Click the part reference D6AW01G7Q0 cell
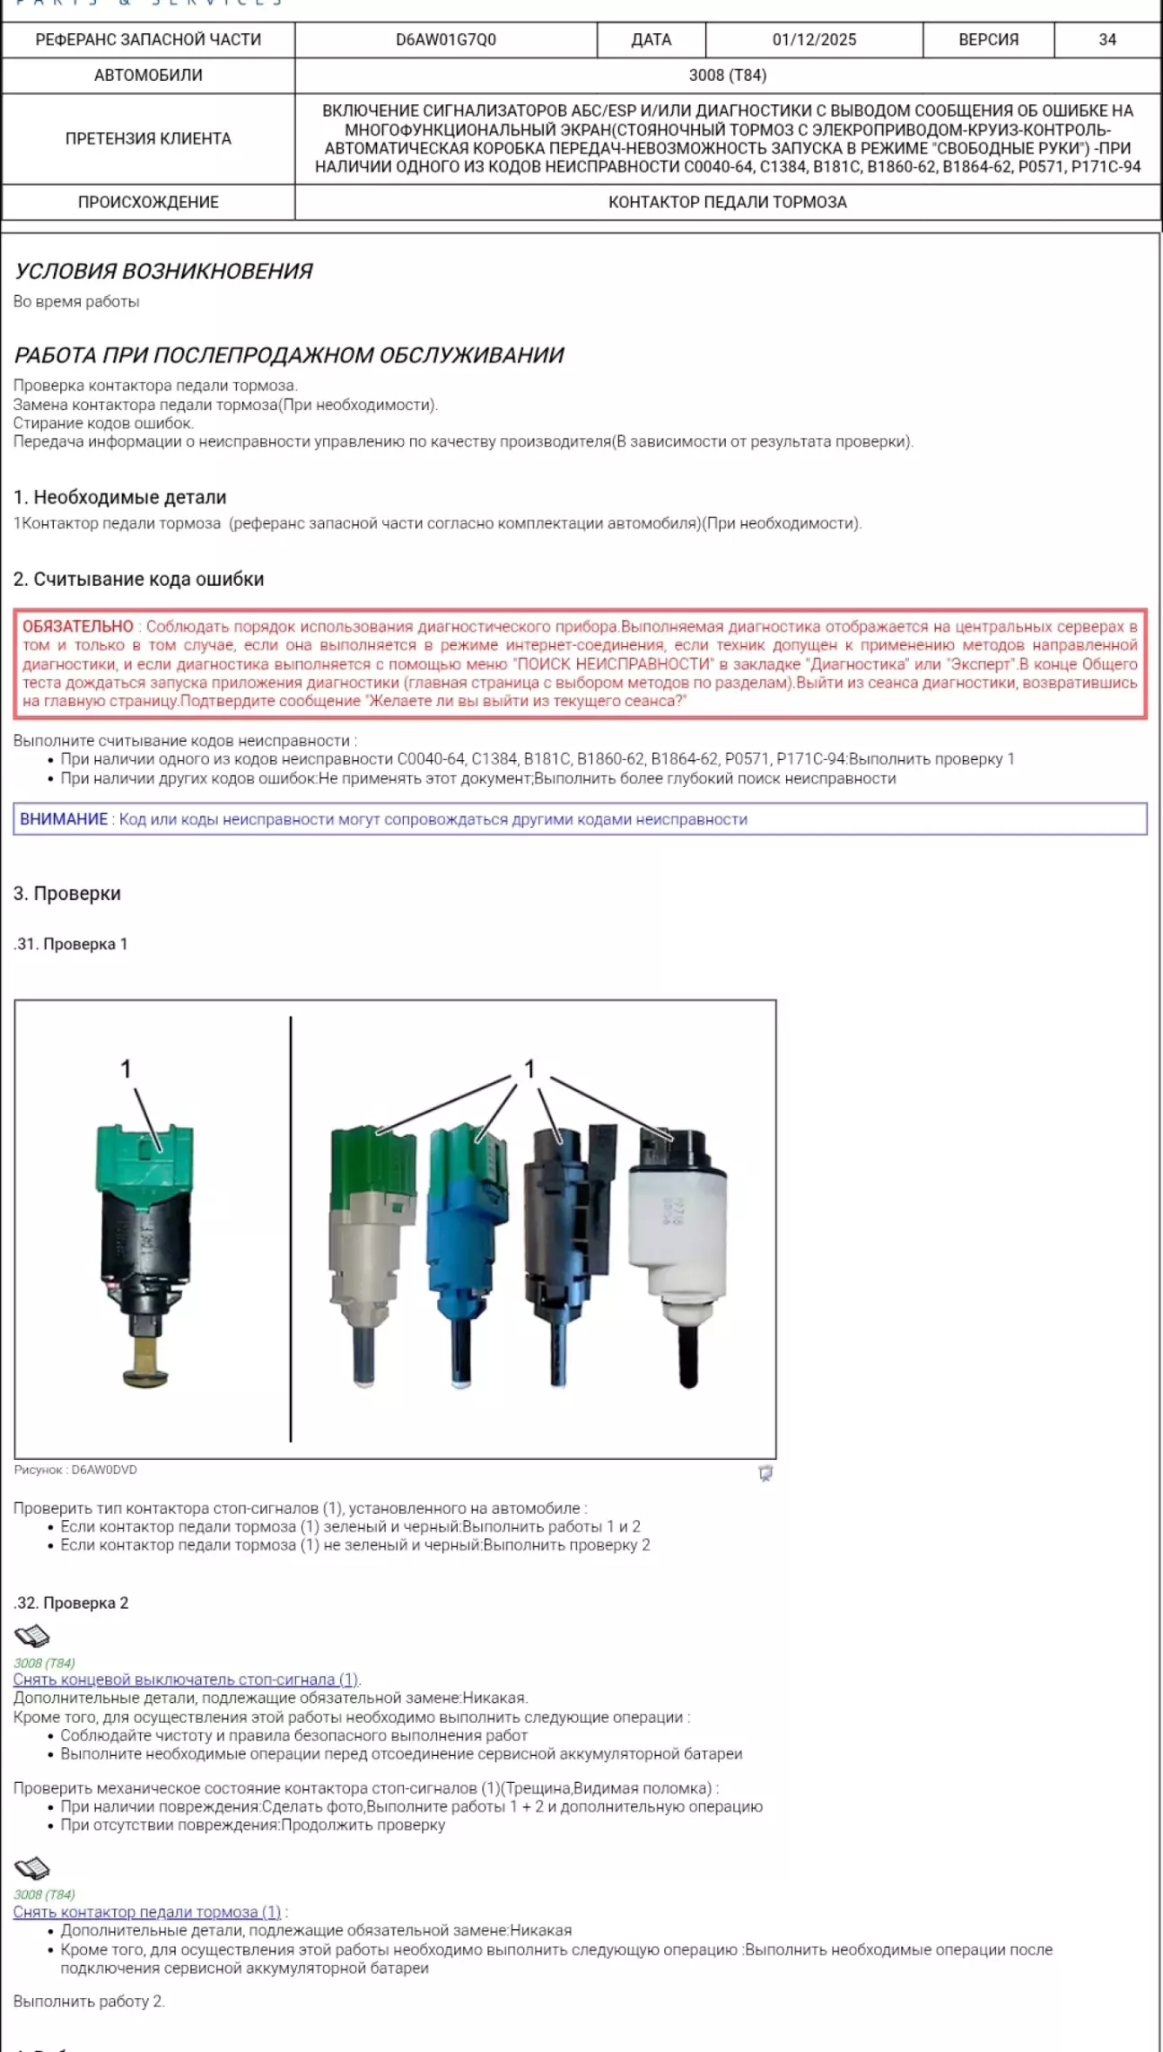point(446,40)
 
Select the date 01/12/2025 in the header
point(814,40)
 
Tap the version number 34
point(1107,40)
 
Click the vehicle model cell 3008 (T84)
point(727,75)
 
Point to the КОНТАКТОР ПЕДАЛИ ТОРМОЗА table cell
point(727,202)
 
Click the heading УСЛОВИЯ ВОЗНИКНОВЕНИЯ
point(163,271)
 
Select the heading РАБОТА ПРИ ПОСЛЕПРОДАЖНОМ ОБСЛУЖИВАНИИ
point(289,355)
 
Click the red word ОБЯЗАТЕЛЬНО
point(78,626)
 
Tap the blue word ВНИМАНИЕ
point(64,819)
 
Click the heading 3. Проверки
point(67,894)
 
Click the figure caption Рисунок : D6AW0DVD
point(75,1471)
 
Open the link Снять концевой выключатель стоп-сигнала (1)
point(186,1680)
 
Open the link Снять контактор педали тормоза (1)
point(147,1912)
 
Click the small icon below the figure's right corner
point(765,1473)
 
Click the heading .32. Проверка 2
point(72,1603)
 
